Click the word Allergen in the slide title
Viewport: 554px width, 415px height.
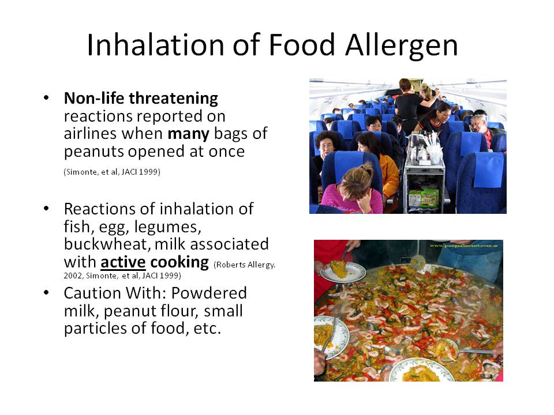(x=402, y=46)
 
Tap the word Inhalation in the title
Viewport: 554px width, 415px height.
(x=156, y=45)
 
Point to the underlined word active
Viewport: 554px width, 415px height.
(x=123, y=262)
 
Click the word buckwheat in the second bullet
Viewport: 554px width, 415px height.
(x=107, y=244)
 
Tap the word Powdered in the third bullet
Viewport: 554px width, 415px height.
(x=209, y=293)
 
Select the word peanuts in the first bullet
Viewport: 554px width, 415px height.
(x=93, y=152)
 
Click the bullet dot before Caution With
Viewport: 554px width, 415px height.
(x=46, y=293)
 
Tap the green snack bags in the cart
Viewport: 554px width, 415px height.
(x=424, y=198)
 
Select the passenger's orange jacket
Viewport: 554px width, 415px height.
(x=390, y=176)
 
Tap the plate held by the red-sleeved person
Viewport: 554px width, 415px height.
(x=342, y=271)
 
